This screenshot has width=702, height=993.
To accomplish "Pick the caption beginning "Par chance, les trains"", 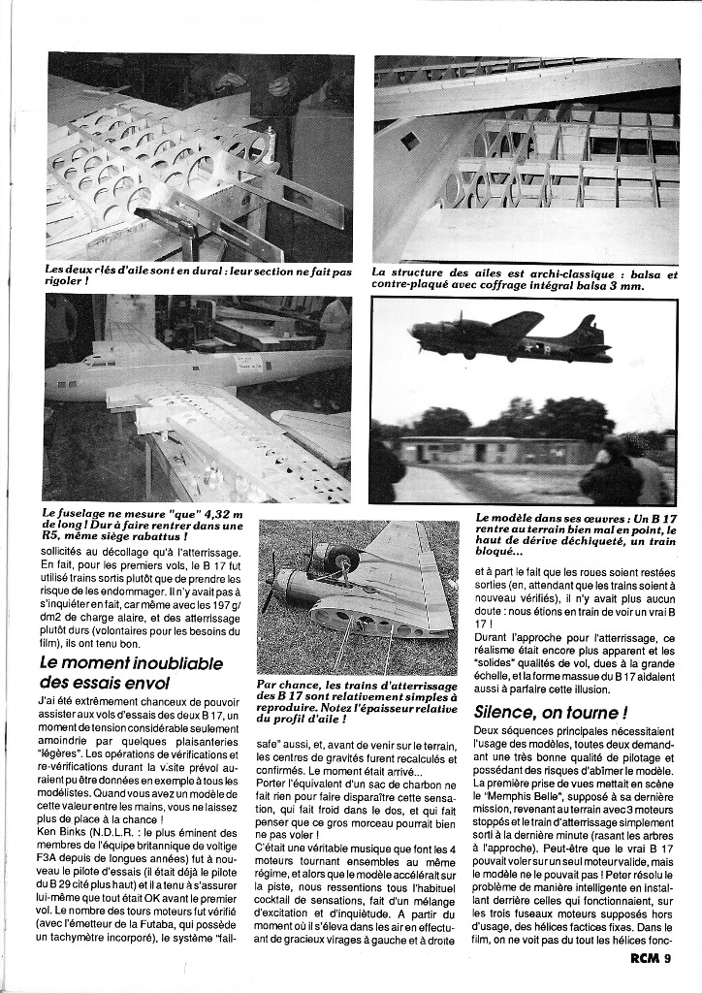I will [356, 703].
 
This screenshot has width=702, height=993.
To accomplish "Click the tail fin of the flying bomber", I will [589, 330].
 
